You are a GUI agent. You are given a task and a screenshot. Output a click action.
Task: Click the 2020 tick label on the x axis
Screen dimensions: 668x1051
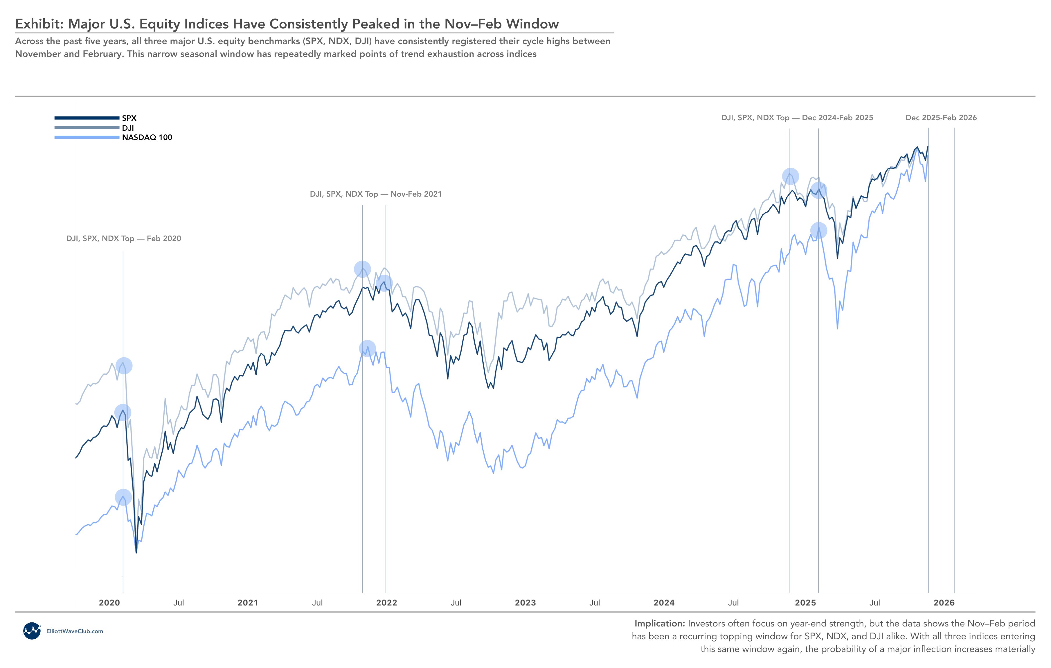tap(109, 603)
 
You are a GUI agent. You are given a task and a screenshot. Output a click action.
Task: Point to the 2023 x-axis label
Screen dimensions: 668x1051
tap(525, 603)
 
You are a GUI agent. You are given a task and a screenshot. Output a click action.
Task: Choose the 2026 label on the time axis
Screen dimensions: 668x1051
tap(944, 603)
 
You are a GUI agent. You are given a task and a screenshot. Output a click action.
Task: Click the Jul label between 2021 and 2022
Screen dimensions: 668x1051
tap(317, 603)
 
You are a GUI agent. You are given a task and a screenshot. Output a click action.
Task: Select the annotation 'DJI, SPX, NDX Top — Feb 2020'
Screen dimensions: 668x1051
tap(123, 238)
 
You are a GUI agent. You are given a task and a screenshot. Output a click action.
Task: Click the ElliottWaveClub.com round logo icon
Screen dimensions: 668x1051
tap(31, 631)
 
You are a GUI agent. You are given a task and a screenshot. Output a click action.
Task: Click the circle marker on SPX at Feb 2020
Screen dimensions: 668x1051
tap(123, 412)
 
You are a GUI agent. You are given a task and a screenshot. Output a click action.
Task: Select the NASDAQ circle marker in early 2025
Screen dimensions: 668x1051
tap(818, 230)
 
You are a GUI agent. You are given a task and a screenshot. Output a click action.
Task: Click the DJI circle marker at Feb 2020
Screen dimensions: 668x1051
tap(124, 365)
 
